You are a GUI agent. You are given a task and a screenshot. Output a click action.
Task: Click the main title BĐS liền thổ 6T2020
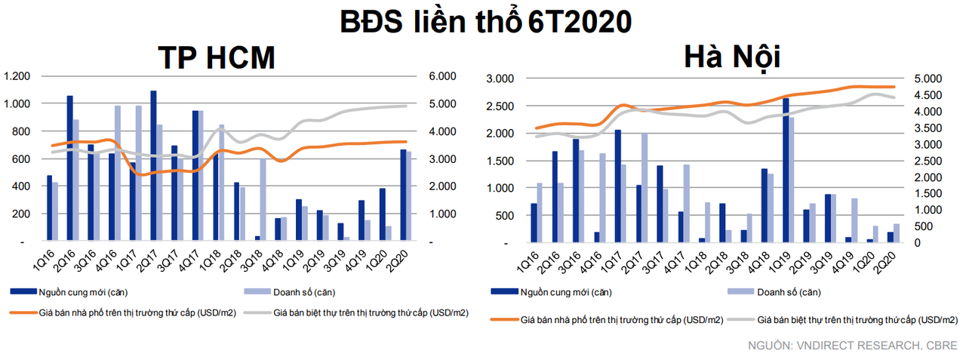point(483,21)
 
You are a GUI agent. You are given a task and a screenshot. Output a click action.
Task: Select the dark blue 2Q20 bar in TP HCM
point(404,195)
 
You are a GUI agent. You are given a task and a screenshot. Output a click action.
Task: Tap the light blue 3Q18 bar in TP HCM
point(263,200)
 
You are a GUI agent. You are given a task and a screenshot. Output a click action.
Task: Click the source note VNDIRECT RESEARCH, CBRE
point(853,346)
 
